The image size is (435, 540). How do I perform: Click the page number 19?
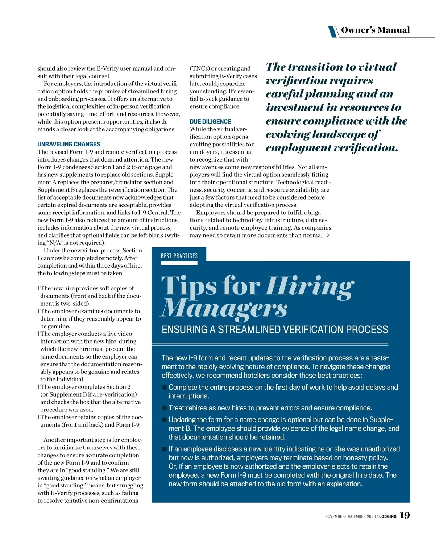click(405, 515)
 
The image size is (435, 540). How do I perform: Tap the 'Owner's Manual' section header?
click(375, 30)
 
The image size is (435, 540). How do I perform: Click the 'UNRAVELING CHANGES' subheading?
click(69, 144)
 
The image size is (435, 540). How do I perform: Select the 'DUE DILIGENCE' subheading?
click(210, 122)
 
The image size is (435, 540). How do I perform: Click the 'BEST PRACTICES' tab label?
click(179, 256)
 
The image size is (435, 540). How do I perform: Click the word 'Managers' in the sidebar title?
click(224, 309)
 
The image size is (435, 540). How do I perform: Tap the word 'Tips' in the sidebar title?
click(188, 286)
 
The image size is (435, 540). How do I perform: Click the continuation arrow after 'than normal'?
click(327, 235)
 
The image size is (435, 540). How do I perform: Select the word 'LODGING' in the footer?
click(388, 516)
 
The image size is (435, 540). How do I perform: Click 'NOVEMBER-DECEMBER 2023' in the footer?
click(350, 516)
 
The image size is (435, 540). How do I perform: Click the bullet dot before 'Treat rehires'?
click(165, 408)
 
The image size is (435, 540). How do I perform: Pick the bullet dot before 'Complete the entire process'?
click(165, 388)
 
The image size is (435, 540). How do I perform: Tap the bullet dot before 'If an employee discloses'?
click(165, 449)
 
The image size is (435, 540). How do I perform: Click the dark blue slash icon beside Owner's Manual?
click(332, 32)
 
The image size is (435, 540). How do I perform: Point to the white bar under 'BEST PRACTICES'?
click(179, 263)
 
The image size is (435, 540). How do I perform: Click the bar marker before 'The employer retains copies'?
click(38, 417)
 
